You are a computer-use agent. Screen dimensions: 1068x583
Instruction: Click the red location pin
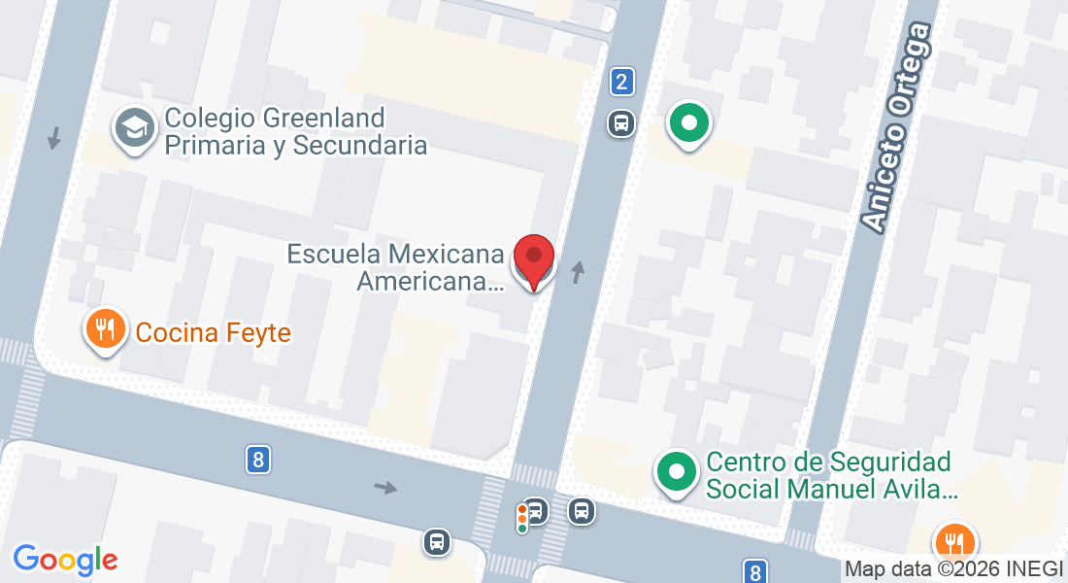point(533,259)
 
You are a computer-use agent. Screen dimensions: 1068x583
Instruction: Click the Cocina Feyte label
point(214,333)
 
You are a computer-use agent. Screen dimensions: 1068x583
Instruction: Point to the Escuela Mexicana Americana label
point(396,268)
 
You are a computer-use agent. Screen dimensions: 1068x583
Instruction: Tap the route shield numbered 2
point(622,83)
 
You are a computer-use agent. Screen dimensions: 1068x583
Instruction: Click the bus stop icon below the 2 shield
point(621,123)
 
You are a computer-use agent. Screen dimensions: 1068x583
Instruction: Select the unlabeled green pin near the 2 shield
point(689,124)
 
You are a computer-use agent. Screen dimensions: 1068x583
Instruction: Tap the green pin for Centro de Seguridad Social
point(677,473)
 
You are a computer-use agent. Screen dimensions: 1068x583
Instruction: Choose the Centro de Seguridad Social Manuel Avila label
point(831,475)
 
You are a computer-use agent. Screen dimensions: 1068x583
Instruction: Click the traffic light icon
point(522,517)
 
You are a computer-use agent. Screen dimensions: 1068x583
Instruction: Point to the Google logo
point(65,560)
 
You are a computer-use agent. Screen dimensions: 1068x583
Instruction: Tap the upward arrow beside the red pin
point(579,272)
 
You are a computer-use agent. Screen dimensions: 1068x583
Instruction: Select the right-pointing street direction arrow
point(386,487)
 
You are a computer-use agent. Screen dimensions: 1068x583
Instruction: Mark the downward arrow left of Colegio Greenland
point(54,138)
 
